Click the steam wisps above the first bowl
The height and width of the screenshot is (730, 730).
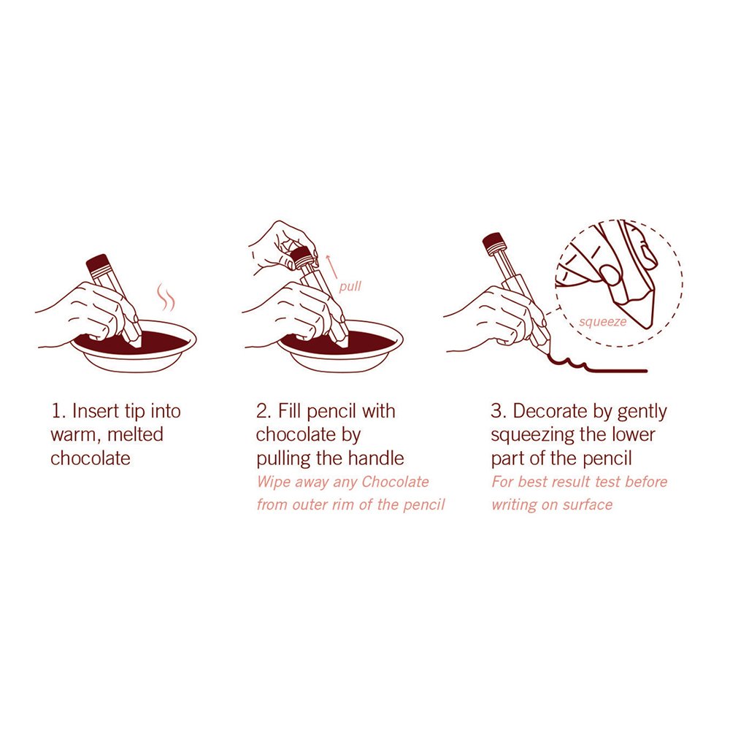(165, 296)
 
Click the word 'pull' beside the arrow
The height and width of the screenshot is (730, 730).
(350, 286)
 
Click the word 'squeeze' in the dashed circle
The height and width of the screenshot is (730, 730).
(603, 322)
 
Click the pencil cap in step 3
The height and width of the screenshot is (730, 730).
(494, 242)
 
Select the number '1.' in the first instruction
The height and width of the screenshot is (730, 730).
(58, 412)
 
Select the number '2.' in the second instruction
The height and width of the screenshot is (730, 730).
(264, 412)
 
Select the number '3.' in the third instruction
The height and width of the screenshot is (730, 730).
(499, 412)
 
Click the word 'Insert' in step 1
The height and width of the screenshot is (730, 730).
(96, 412)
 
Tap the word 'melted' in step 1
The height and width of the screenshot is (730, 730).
(135, 435)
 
